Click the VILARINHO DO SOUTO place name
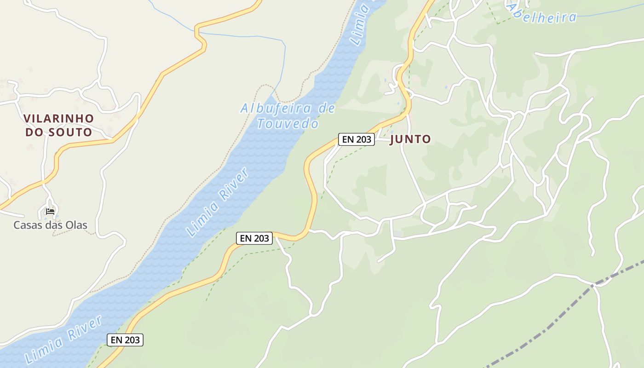(58, 125)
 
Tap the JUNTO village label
(410, 139)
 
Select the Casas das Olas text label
(50, 225)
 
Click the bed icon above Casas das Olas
(50, 212)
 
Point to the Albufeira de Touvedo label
(288, 116)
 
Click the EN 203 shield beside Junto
(356, 139)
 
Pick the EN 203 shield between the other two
(254, 238)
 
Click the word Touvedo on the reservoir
(288, 124)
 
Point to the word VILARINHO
(58, 118)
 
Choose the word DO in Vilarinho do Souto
(34, 132)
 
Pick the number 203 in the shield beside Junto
(363, 139)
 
